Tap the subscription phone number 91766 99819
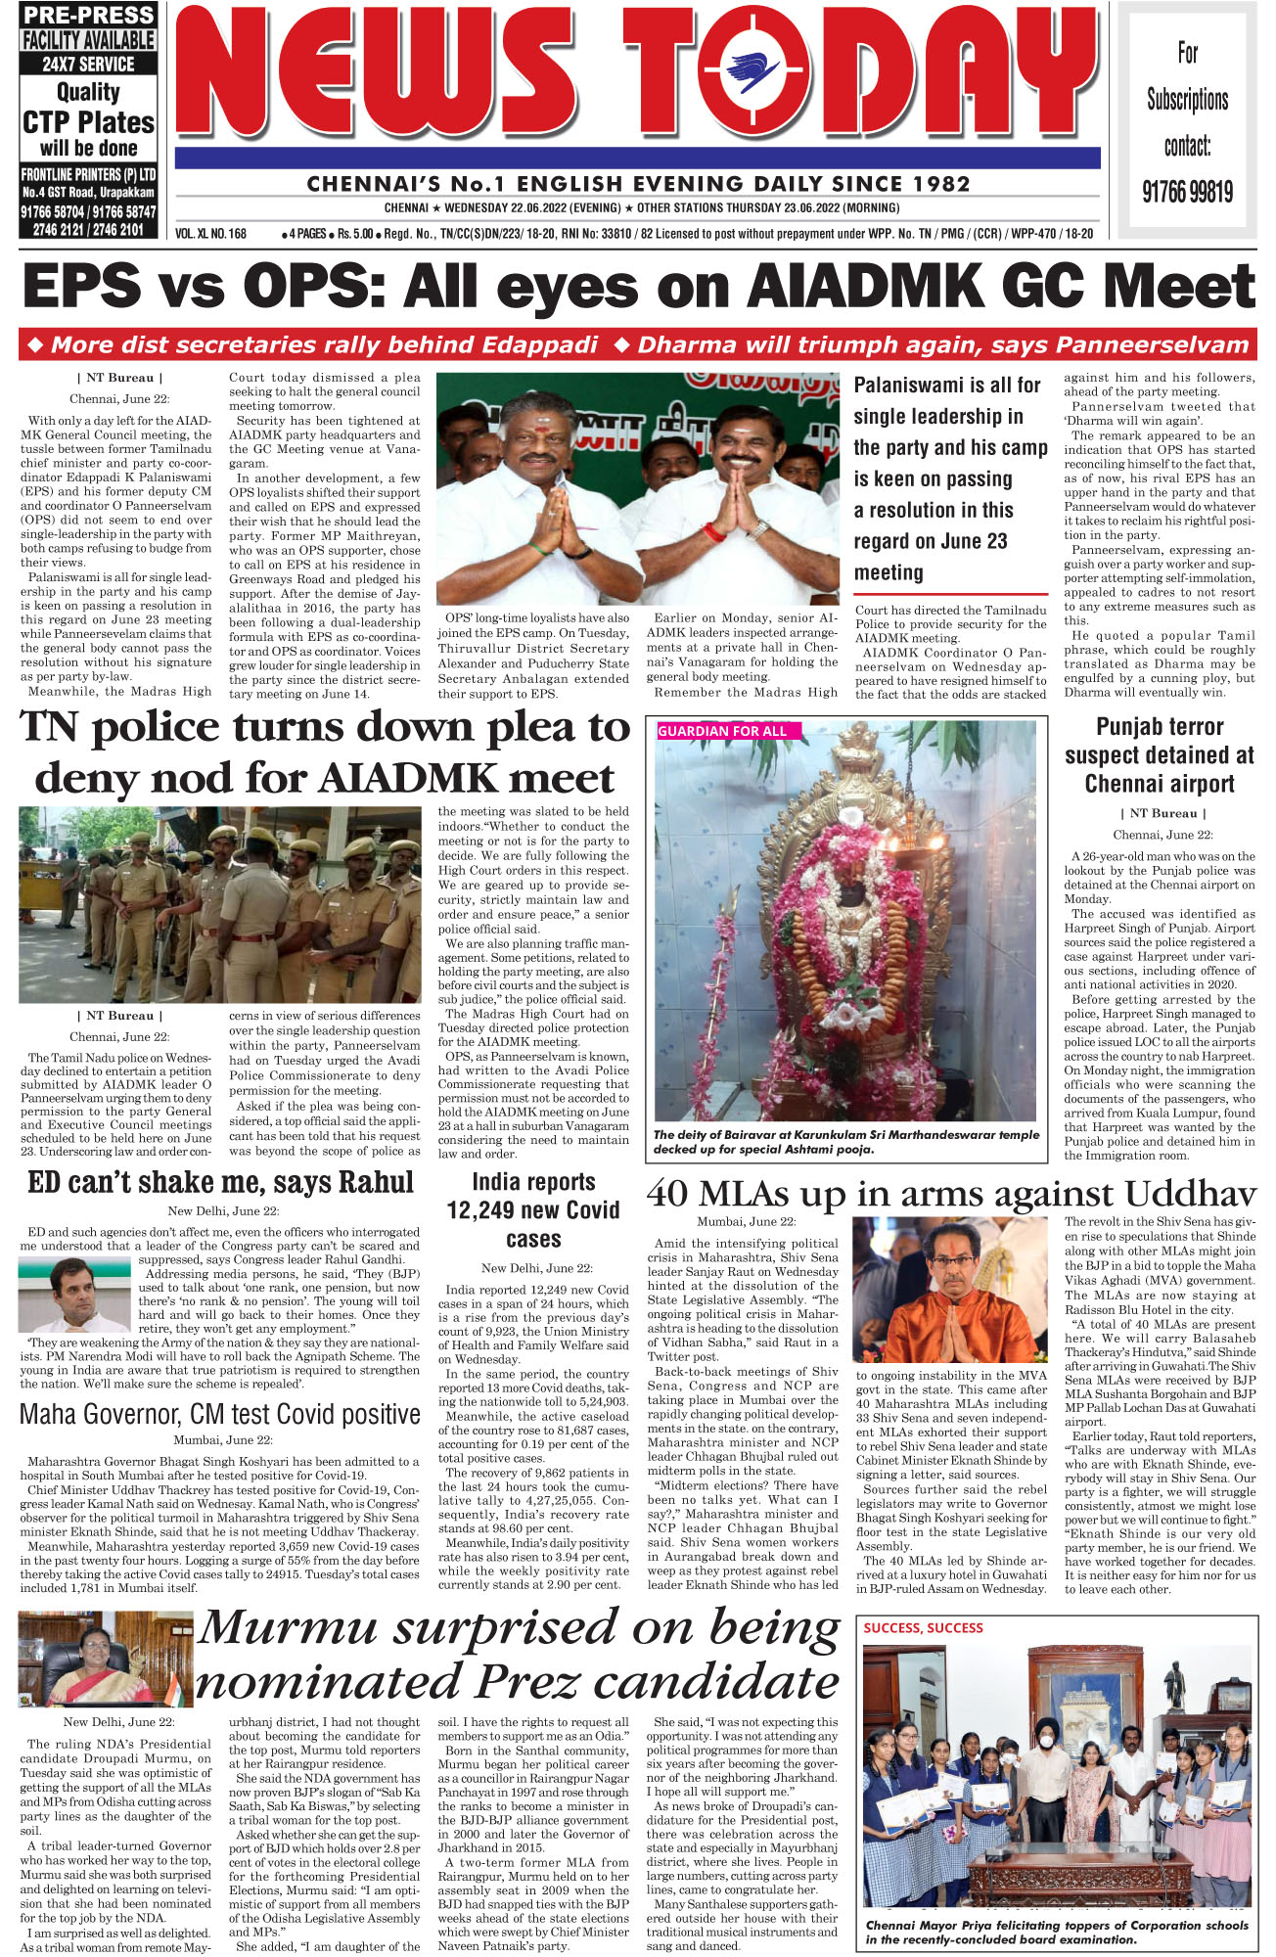coord(1187,191)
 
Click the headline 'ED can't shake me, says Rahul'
coord(220,1182)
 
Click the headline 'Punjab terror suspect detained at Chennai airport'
coord(1159,754)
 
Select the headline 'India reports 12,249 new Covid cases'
coord(533,1210)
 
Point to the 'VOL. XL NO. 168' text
coord(211,234)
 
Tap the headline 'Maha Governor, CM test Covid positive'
coord(220,1414)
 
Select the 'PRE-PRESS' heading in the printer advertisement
coord(88,15)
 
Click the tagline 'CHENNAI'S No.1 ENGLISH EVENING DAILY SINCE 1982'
coord(638,184)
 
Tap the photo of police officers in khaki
coord(220,904)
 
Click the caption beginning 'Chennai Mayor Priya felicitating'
coord(1057,1931)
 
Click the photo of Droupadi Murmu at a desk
coord(106,1660)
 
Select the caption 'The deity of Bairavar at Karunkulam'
coord(846,1142)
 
